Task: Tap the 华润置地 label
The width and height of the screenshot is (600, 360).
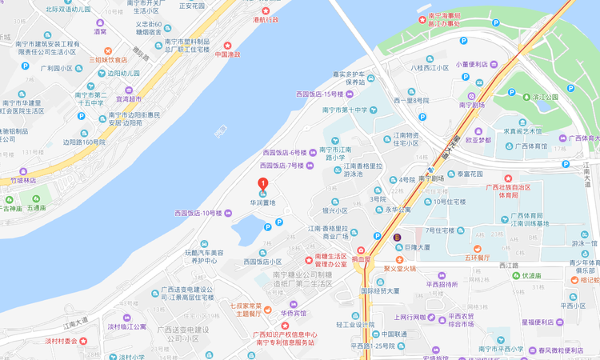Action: click(262, 203)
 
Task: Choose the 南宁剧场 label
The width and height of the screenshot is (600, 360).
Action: click(472, 105)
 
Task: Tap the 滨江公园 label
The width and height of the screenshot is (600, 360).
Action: click(545, 97)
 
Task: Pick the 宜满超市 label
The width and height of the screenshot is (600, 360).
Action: click(129, 100)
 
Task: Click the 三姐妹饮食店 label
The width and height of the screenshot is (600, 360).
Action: click(108, 59)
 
